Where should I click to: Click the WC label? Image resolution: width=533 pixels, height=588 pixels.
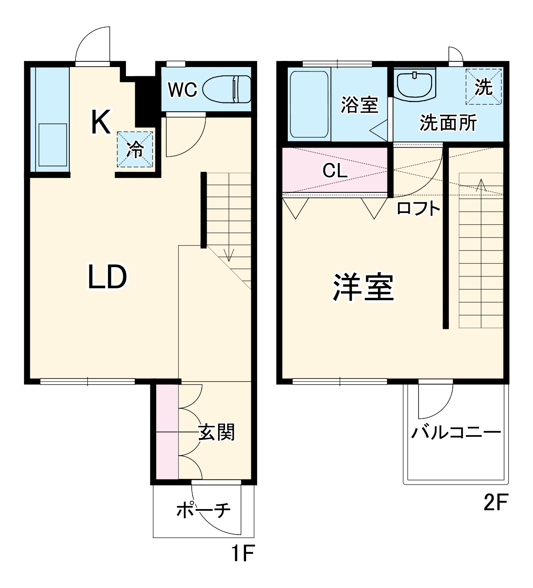tap(182, 90)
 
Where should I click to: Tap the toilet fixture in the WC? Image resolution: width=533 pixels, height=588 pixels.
tap(227, 89)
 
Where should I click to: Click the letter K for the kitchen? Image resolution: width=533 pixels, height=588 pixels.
tap(100, 123)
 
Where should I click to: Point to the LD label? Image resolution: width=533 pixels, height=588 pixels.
tap(107, 276)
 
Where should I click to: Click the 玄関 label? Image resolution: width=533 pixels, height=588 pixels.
tap(217, 432)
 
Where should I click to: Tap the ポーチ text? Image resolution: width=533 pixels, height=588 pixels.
tap(204, 510)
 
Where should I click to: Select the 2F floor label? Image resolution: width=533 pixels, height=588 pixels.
tap(495, 503)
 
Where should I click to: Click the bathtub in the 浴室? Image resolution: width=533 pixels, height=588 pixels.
tap(309, 104)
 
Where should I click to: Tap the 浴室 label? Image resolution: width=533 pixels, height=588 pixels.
tap(359, 105)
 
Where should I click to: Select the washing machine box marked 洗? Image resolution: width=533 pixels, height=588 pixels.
tap(484, 87)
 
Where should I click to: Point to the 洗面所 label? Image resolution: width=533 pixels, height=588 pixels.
tap(448, 123)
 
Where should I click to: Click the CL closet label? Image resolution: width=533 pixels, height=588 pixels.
tap(335, 170)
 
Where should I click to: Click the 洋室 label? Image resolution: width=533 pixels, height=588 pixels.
tap(363, 287)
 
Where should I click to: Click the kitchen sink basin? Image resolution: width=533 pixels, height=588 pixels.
tap(53, 145)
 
